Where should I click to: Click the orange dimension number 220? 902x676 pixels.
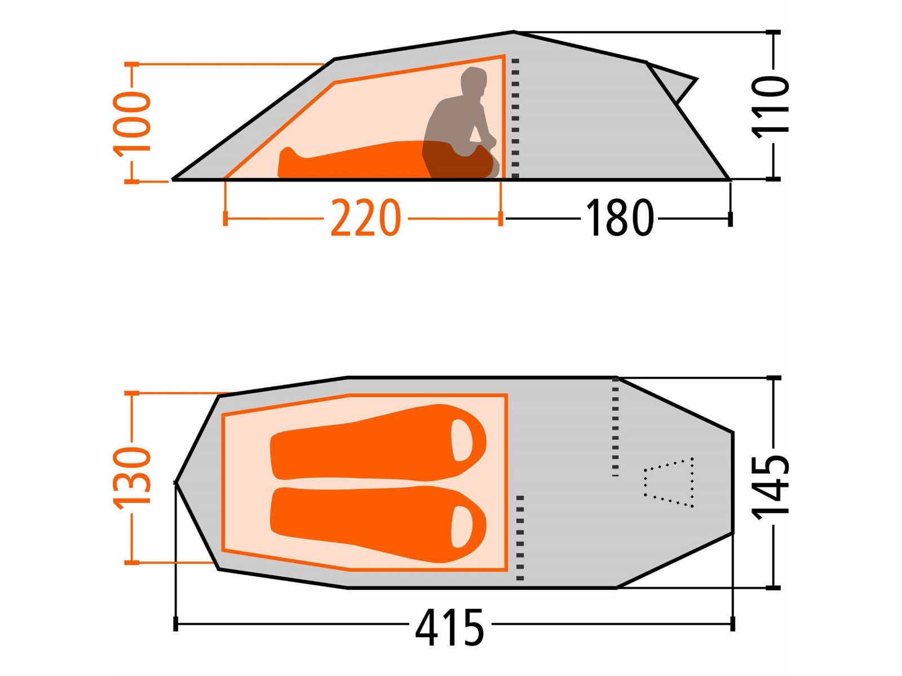[365, 217]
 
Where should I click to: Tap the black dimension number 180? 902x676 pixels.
[619, 217]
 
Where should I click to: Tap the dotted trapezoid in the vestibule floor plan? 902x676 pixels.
[669, 483]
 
